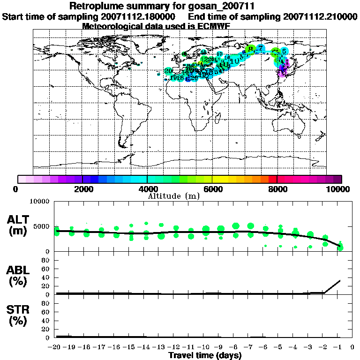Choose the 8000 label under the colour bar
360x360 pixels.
pyautogui.click(x=277, y=189)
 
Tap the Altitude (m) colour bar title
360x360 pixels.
pyautogui.click(x=173, y=196)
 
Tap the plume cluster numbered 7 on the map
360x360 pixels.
pyautogui.click(x=261, y=48)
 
